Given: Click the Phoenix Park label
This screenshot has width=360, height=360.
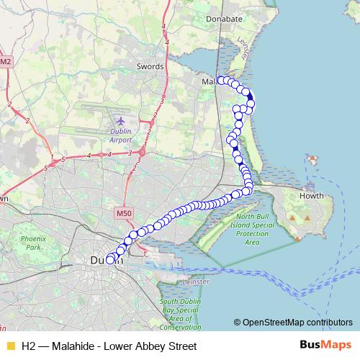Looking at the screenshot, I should (x=32, y=242).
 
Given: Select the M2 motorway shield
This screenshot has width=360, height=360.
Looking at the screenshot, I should (x=6, y=62).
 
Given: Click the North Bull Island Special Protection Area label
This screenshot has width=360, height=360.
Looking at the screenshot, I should (x=256, y=230).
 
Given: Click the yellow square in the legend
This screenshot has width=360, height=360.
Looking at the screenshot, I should (x=9, y=346).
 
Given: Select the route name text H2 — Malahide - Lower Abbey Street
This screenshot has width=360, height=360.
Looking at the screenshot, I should (x=109, y=346).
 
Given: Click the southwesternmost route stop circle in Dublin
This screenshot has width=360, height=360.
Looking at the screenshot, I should (x=110, y=261).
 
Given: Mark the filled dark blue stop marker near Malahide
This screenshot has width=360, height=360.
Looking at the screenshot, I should (x=250, y=99).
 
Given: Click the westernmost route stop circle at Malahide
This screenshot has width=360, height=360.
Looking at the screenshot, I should (x=220, y=80).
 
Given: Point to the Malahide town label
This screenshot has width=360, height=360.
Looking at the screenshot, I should (x=209, y=81).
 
